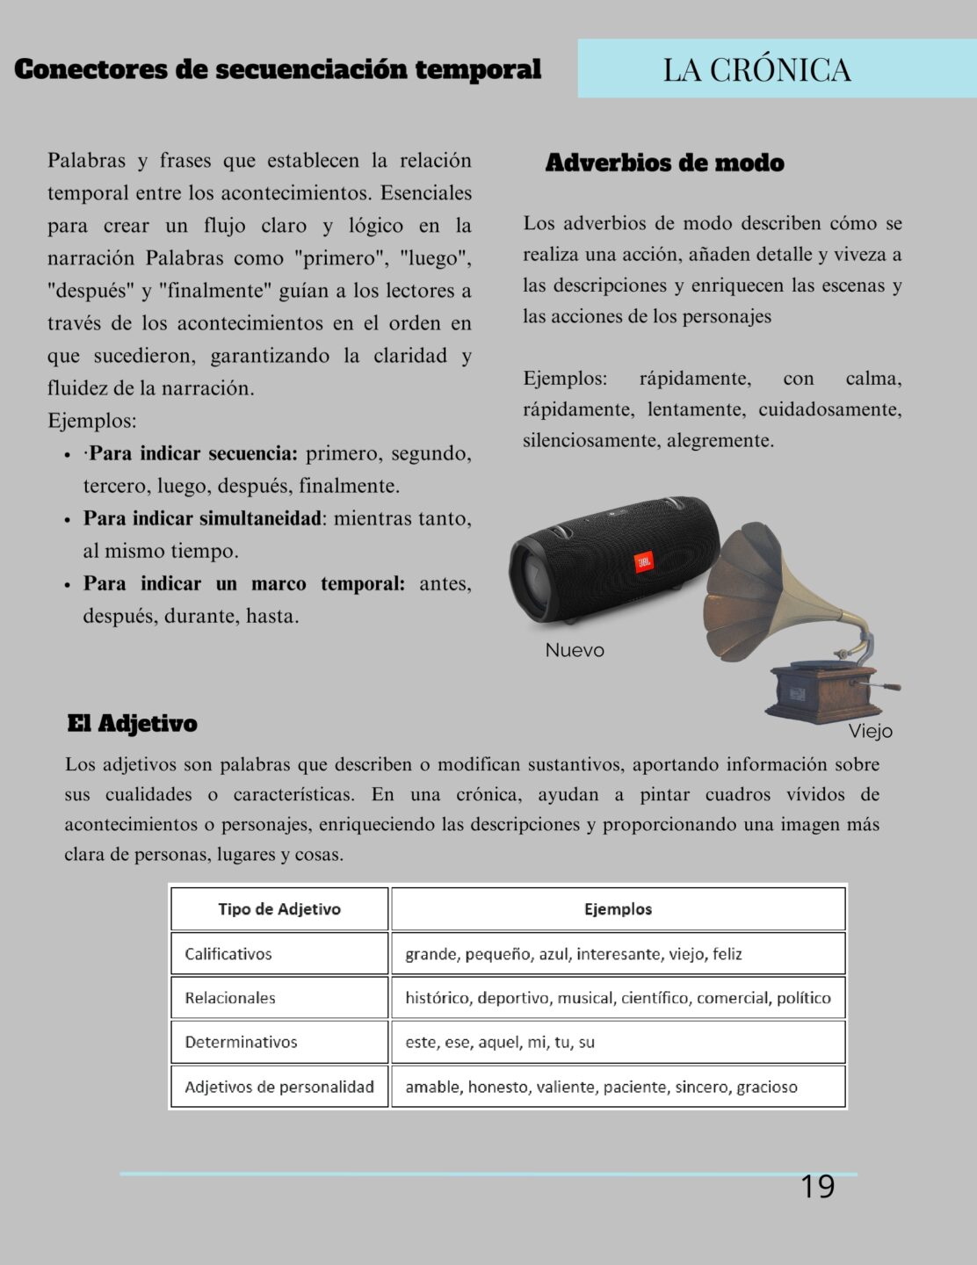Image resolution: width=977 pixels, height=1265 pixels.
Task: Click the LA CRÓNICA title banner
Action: pyautogui.click(x=756, y=69)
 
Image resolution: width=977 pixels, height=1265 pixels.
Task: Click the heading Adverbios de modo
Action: pyautogui.click(x=664, y=163)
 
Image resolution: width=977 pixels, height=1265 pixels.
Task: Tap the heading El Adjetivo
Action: pyautogui.click(x=132, y=723)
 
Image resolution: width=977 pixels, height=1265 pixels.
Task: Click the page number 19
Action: pyautogui.click(x=817, y=1187)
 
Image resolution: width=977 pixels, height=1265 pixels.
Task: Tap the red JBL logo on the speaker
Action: pyautogui.click(x=644, y=561)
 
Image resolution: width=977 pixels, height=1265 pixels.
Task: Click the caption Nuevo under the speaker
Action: pyautogui.click(x=575, y=650)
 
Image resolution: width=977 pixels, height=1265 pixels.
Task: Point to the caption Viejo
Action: pyautogui.click(x=870, y=731)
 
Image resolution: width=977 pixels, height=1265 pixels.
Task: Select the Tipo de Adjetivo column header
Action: pyautogui.click(x=279, y=909)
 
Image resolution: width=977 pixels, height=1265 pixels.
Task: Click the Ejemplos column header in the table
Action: pyautogui.click(x=618, y=909)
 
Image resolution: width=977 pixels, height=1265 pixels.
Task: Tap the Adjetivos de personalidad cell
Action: pyautogui.click(x=279, y=1087)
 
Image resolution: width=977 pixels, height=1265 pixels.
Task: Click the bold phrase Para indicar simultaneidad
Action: pyautogui.click(x=202, y=518)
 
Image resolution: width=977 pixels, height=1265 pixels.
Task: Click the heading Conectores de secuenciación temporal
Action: pyautogui.click(x=278, y=69)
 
